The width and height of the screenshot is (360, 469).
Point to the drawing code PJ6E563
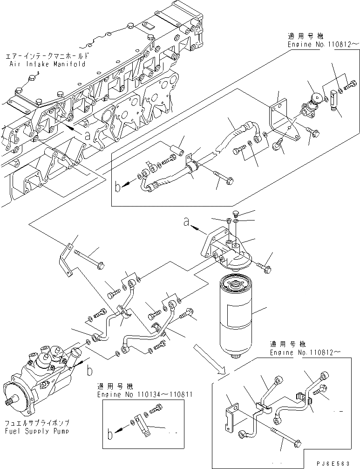335,464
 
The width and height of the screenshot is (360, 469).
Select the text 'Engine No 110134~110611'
145,394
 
